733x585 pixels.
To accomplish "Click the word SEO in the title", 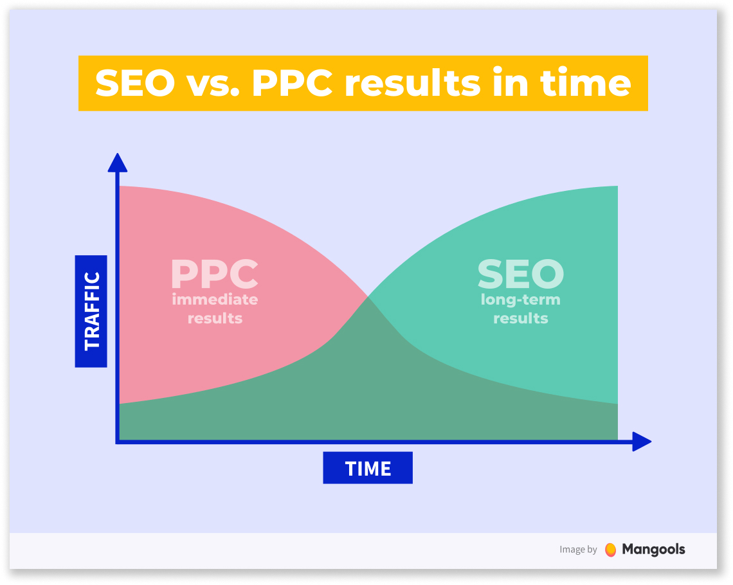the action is [x=135, y=83].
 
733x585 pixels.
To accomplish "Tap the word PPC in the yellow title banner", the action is [x=293, y=83].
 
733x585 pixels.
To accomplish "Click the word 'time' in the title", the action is [x=586, y=83].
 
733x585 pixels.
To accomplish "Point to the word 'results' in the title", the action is [x=413, y=83].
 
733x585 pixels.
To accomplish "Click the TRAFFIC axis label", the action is [x=91, y=311].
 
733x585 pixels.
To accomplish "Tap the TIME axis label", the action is [x=368, y=468].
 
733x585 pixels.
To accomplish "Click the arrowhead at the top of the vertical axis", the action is [x=117, y=163].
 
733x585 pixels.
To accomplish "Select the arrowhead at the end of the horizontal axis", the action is [x=642, y=442].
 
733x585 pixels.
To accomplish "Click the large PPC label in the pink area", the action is [x=215, y=274].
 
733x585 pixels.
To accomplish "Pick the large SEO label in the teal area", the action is [x=520, y=274].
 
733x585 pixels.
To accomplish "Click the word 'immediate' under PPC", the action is [x=215, y=299].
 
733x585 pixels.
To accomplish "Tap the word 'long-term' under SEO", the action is [x=520, y=300].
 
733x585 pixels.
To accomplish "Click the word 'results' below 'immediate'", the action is [x=215, y=318].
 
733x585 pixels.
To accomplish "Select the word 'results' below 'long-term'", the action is [x=521, y=318].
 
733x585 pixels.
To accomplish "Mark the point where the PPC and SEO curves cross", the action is [x=368, y=296].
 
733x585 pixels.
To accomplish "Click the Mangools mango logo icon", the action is [x=611, y=550].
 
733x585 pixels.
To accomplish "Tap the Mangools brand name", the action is [x=653, y=550].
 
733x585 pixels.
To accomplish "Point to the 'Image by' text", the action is [x=578, y=550].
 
